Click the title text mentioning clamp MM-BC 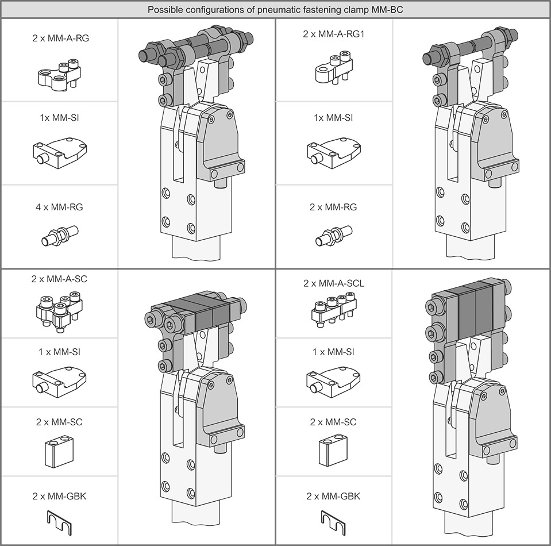pos(275,10)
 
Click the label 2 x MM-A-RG pos(60,39)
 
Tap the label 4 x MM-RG pos(60,207)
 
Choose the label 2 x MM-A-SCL pos(333,283)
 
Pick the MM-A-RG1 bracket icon pos(333,68)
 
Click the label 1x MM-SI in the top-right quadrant pos(333,118)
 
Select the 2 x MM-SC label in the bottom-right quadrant pos(333,422)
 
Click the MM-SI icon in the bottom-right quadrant pos(333,382)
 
